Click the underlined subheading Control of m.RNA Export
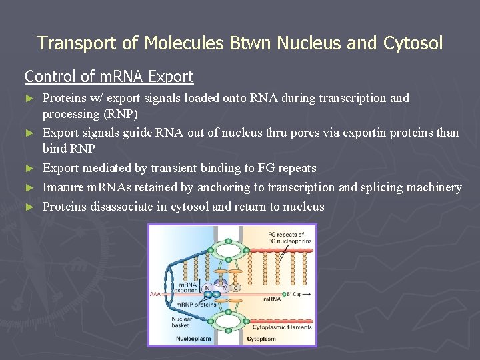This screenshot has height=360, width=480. tap(109, 77)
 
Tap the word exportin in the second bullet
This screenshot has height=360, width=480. tap(365, 133)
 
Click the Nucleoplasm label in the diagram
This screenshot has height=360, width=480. tap(193, 339)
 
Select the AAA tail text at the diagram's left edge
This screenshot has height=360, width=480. tap(155, 293)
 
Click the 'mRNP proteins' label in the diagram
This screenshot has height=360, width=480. tap(195, 304)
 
